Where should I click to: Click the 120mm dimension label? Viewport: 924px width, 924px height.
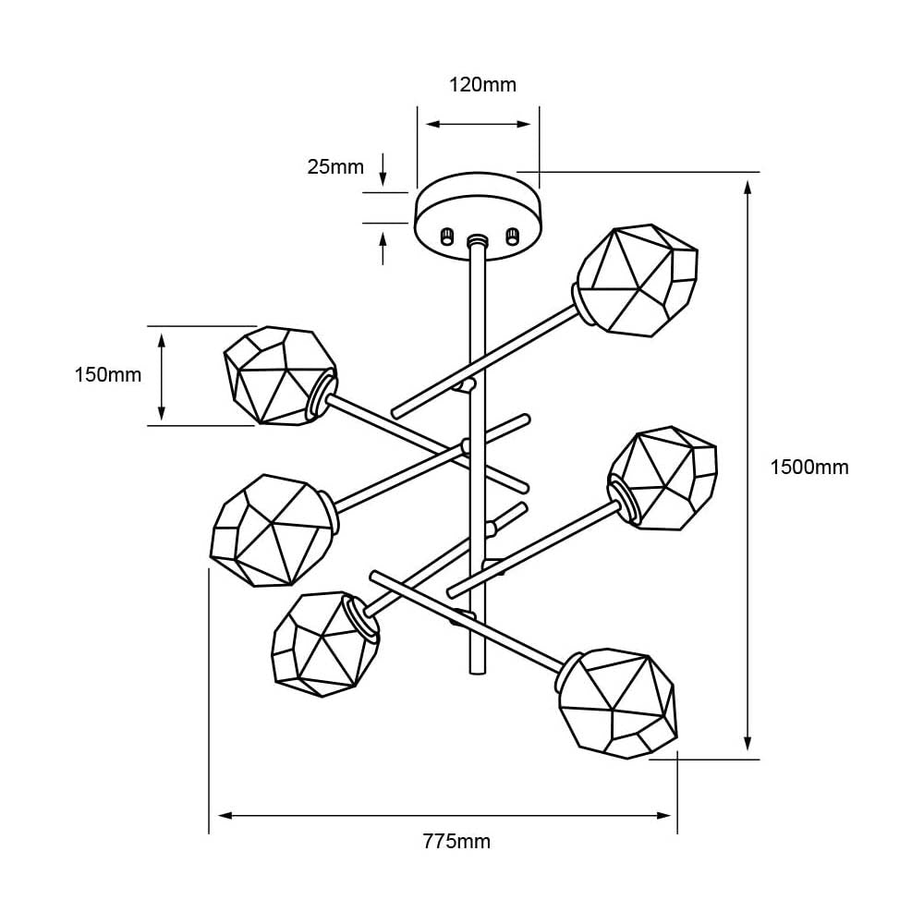(x=482, y=85)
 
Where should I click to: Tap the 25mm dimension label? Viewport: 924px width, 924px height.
(x=335, y=167)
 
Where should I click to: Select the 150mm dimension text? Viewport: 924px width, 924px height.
(x=107, y=375)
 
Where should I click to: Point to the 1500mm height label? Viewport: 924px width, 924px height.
(x=809, y=468)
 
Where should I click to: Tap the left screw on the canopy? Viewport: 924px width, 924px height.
(x=448, y=236)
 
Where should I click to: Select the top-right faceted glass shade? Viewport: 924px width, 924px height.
(x=637, y=279)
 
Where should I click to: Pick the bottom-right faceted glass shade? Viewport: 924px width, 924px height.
(x=618, y=702)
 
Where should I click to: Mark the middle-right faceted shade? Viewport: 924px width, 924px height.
(x=664, y=479)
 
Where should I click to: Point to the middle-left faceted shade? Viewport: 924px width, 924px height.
(x=270, y=529)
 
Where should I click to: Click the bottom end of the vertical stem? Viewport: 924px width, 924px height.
(x=478, y=672)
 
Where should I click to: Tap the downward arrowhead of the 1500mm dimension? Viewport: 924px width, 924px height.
(x=748, y=743)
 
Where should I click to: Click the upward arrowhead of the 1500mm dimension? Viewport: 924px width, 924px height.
(x=748, y=188)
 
